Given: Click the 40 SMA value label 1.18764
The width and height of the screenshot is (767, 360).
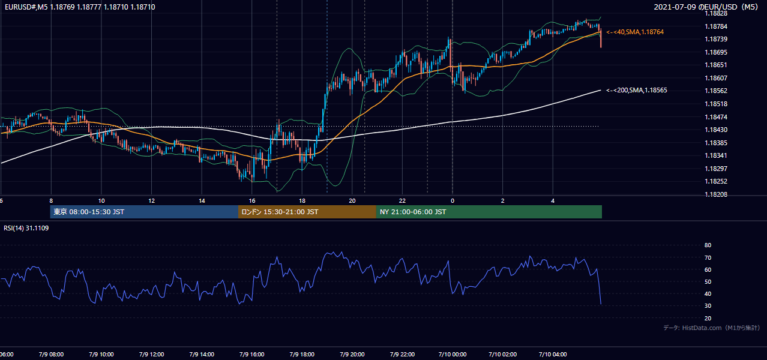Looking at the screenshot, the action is point(635,32).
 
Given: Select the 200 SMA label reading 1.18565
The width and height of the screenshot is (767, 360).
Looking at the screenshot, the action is point(637,91).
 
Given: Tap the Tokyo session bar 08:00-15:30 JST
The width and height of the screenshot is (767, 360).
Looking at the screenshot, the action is point(144,212).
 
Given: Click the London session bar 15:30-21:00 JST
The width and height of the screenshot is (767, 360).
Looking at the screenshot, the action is point(307,212).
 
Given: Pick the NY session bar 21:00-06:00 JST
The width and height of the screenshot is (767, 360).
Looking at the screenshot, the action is point(489,212).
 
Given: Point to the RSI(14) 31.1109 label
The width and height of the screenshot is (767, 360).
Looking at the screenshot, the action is point(26,228).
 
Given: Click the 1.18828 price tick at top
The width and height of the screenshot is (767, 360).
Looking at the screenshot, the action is point(716,14).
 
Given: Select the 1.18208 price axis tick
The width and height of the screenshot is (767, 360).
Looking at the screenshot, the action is point(716,194).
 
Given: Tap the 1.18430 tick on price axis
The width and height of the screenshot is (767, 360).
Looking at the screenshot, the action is point(716,130).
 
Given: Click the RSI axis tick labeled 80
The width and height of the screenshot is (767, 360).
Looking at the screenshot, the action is point(708,245).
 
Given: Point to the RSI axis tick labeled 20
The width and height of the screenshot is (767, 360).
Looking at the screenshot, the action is point(708,318).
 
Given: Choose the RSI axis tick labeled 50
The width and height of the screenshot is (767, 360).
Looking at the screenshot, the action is point(708,281).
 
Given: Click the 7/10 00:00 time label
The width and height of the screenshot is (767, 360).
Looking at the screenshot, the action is point(453,354).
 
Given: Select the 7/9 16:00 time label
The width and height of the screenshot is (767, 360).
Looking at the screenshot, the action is point(251,354).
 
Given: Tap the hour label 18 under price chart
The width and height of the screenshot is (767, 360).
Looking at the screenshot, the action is point(302,201).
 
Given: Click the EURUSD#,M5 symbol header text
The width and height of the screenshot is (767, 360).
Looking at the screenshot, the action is point(26,7).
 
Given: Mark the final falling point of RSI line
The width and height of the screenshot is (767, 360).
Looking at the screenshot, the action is point(601,304).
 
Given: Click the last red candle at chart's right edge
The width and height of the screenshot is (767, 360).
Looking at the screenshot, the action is point(601,38).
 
